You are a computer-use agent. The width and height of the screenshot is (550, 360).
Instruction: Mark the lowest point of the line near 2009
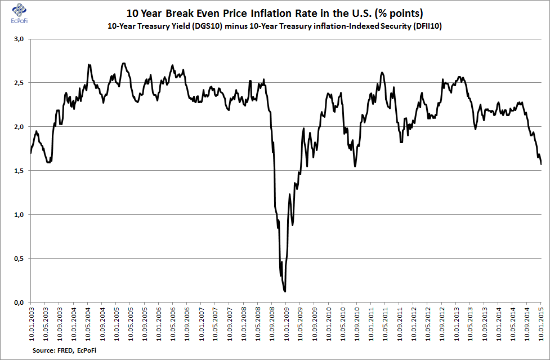click(x=285, y=291)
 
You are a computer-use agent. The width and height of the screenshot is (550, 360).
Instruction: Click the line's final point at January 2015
click(x=541, y=164)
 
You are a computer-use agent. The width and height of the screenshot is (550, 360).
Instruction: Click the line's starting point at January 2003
click(x=31, y=153)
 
